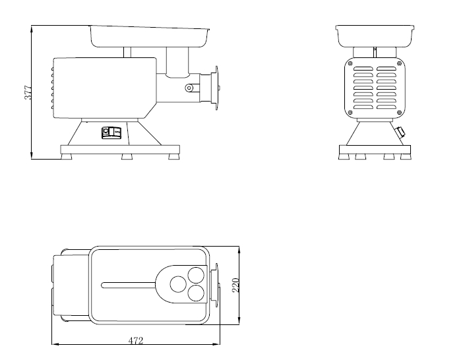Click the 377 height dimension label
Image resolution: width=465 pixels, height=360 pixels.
[x=27, y=92]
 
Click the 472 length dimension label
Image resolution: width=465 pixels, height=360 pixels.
[x=136, y=340]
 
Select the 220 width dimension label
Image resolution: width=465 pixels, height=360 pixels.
[x=235, y=285]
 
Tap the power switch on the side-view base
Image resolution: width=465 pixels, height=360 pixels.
[x=111, y=133]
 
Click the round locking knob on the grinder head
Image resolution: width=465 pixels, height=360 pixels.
[x=189, y=88]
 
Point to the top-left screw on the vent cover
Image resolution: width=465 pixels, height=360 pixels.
[x=350, y=63]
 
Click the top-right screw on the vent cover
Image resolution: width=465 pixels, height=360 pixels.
[x=399, y=63]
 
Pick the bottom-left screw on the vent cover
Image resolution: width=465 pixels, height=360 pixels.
[x=350, y=112]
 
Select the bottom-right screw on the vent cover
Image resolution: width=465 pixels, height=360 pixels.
[x=399, y=112]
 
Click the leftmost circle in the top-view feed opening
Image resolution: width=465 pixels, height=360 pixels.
[x=178, y=284]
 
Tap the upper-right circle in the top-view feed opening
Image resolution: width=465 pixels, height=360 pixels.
[x=196, y=275]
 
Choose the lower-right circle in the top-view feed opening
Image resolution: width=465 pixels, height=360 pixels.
[x=196, y=293]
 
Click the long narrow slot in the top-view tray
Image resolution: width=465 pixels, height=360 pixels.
[x=128, y=285]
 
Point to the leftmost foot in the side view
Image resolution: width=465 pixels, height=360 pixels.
[x=67, y=156]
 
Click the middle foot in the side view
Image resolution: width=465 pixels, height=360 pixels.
[x=127, y=156]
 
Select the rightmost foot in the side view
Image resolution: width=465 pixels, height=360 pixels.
[x=174, y=156]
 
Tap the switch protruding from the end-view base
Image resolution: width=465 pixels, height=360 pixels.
[x=400, y=131]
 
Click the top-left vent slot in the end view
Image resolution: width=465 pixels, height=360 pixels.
[x=363, y=69]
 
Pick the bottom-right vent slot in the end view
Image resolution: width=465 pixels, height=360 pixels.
[x=387, y=107]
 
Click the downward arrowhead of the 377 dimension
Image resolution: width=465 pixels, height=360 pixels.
[x=32, y=156]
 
